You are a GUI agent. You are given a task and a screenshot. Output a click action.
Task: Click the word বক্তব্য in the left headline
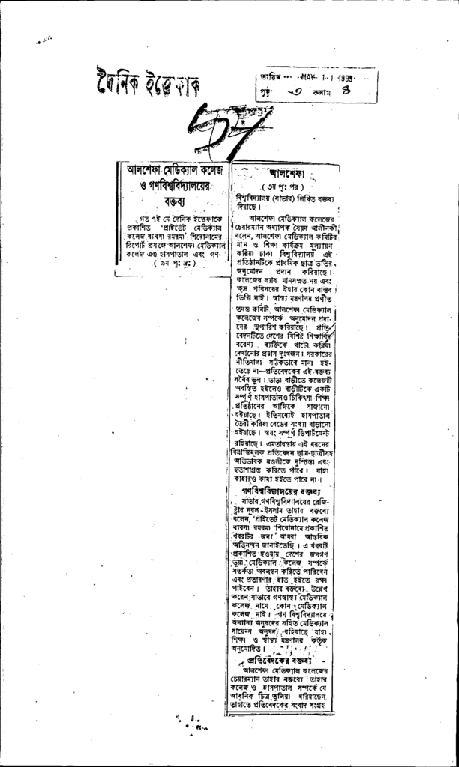(x=172, y=201)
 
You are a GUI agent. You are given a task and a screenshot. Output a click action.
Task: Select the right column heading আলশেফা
(x=286, y=174)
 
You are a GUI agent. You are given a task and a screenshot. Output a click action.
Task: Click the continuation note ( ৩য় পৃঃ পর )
(x=281, y=187)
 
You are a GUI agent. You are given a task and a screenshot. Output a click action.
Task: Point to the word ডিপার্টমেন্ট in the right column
(x=307, y=433)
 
